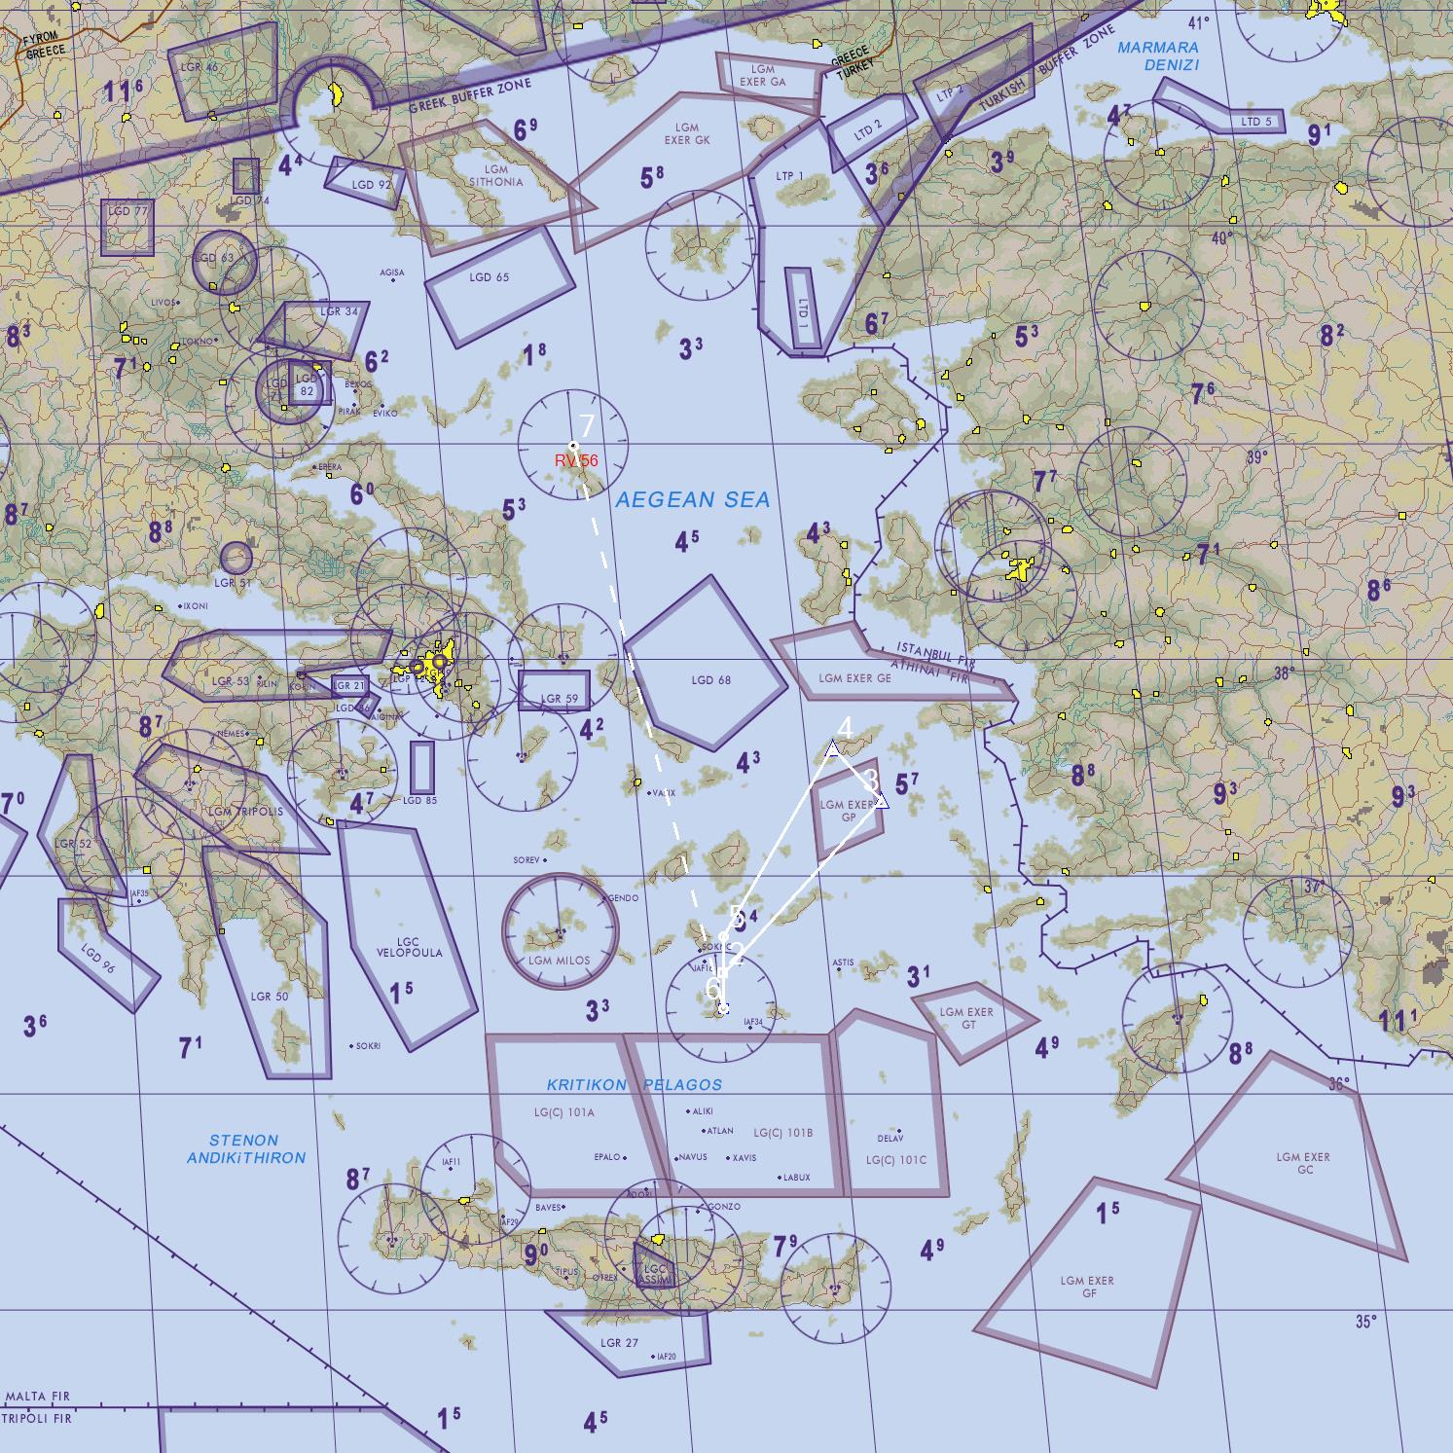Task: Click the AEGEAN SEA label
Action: click(693, 500)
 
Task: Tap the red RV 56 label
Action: click(576, 460)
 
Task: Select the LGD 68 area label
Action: click(710, 680)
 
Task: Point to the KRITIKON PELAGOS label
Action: click(634, 1084)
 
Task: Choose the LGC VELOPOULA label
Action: click(409, 947)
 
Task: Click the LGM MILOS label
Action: click(559, 960)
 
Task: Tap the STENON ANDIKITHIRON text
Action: click(245, 1148)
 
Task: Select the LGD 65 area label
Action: click(489, 277)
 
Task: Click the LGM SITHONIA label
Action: click(495, 175)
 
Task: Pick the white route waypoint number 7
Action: click(573, 446)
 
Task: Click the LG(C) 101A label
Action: click(563, 1111)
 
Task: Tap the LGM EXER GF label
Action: click(1087, 1287)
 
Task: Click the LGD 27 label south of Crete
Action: click(619, 1343)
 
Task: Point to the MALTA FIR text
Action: click(37, 1397)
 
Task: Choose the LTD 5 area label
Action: click(1256, 122)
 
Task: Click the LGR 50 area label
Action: click(269, 997)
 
